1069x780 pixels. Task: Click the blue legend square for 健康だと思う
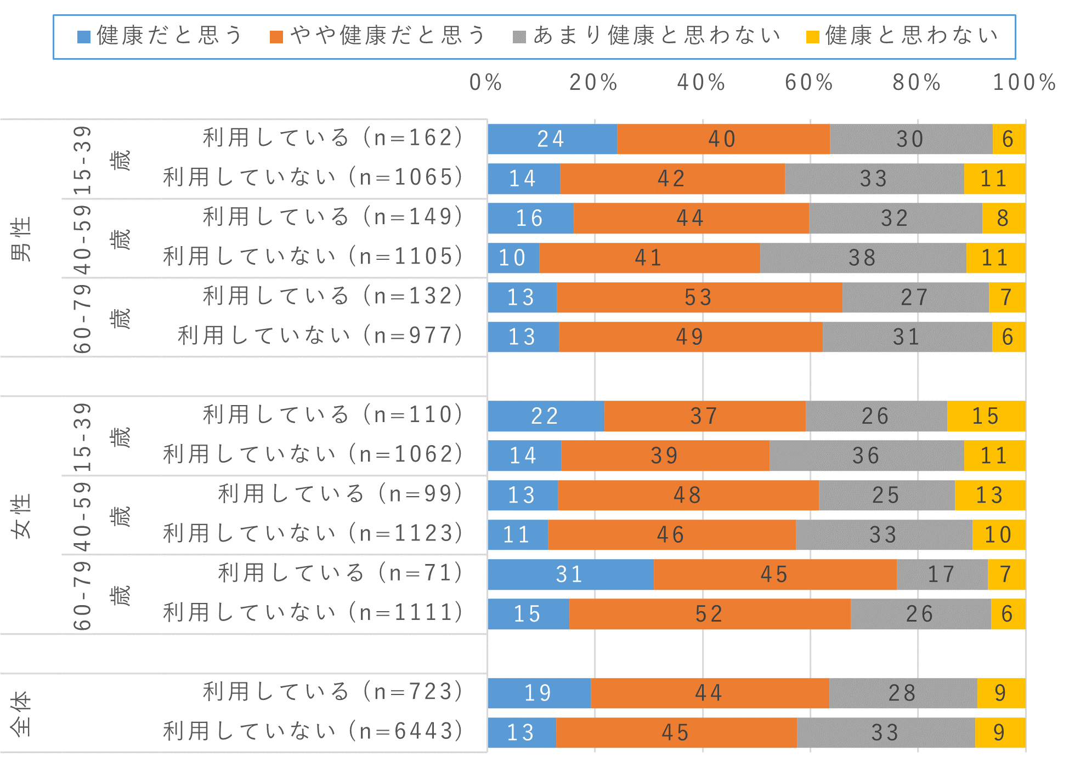pyautogui.click(x=83, y=37)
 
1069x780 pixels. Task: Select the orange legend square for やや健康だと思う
pyautogui.click(x=276, y=37)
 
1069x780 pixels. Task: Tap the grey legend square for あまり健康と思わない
pyautogui.click(x=519, y=37)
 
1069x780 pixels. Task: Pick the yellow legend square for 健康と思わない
pyautogui.click(x=812, y=37)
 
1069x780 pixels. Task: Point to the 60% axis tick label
pyautogui.click(x=809, y=83)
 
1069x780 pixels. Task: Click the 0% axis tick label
pyautogui.click(x=486, y=83)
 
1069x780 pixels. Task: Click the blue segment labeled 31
pyautogui.click(x=570, y=574)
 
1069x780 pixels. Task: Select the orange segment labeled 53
pyautogui.click(x=699, y=298)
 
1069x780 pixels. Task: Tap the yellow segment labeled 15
pyautogui.click(x=986, y=416)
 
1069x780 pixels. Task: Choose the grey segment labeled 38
pyautogui.click(x=863, y=258)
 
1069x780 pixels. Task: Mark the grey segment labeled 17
pyautogui.click(x=942, y=574)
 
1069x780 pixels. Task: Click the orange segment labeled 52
pyautogui.click(x=710, y=614)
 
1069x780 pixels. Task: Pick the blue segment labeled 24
pyautogui.click(x=552, y=139)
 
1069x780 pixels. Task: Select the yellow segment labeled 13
pyautogui.click(x=989, y=496)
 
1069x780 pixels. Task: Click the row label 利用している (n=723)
pyautogui.click(x=333, y=692)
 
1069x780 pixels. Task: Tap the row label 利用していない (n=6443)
pyautogui.click(x=313, y=731)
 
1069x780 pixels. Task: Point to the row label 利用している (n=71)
pyautogui.click(x=341, y=573)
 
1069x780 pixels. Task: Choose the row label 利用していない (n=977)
pyautogui.click(x=320, y=335)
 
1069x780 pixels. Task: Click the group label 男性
pyautogui.click(x=22, y=239)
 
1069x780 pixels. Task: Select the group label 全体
pyautogui.click(x=22, y=713)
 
